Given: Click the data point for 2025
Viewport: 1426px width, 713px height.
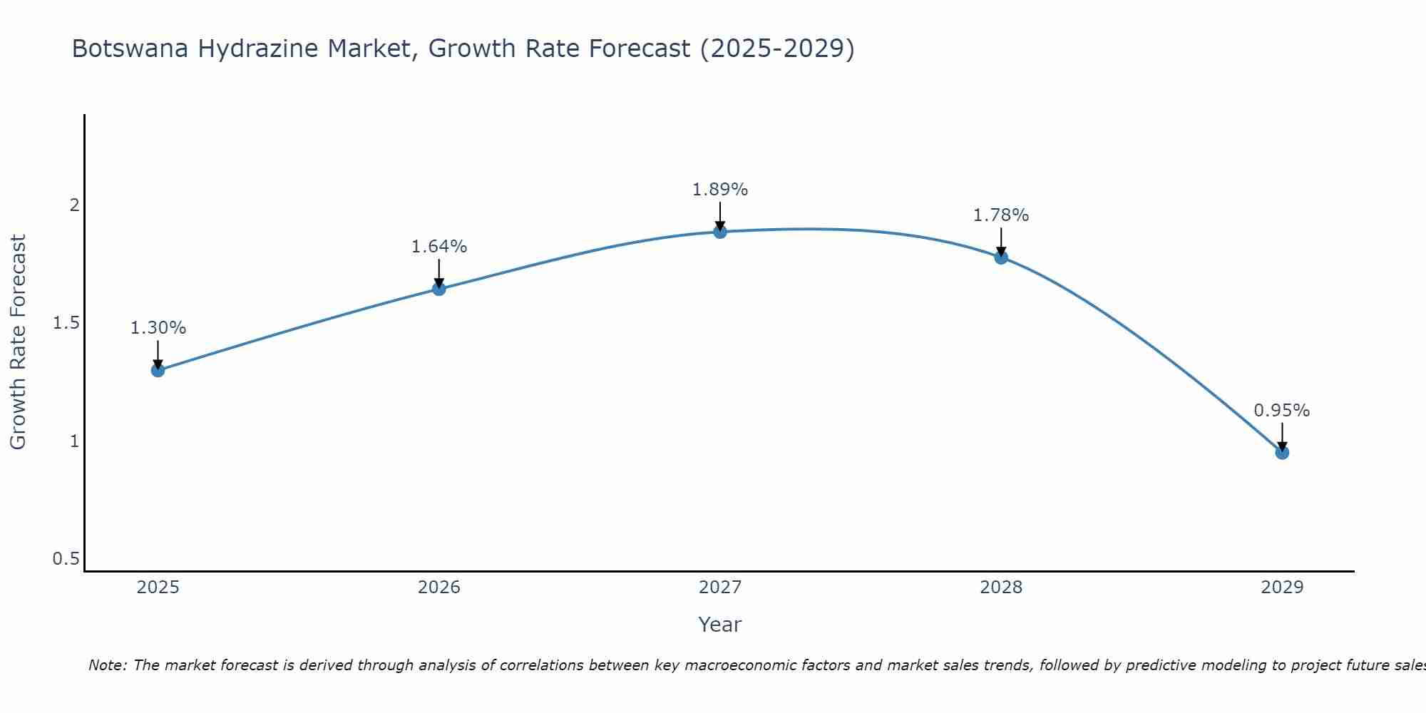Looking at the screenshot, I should coord(158,370).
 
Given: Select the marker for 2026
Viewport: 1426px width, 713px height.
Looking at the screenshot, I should coord(439,289).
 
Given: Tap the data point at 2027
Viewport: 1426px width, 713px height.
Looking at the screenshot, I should coord(720,232).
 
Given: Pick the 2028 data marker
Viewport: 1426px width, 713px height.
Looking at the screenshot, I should coord(1001,257).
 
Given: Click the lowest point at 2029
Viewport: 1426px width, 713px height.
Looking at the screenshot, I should coord(1282,453).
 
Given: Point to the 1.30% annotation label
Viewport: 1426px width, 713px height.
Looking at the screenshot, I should coord(158,328).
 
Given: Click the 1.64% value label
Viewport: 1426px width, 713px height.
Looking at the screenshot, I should coord(439,247).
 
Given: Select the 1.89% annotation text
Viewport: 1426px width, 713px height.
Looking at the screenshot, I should coord(720,190).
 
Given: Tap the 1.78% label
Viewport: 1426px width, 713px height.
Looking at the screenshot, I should coord(1001,215).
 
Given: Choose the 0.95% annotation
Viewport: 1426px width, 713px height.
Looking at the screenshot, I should coord(1282,411).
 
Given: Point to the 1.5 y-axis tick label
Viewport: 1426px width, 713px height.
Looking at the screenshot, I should coord(66,323).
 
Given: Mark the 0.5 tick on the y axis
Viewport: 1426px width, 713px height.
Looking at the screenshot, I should coord(66,559).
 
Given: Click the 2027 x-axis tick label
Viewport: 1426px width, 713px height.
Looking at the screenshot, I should coord(720,588).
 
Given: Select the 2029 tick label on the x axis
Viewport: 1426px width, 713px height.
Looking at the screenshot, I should coord(1282,588).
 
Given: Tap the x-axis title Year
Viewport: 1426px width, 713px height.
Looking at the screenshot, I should coord(720,625).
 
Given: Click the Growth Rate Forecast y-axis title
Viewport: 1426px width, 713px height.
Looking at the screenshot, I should coord(19,342).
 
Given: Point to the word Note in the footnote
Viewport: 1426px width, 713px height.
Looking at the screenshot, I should coord(107,665).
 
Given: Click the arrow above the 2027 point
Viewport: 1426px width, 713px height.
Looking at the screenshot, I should coord(720,215).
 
